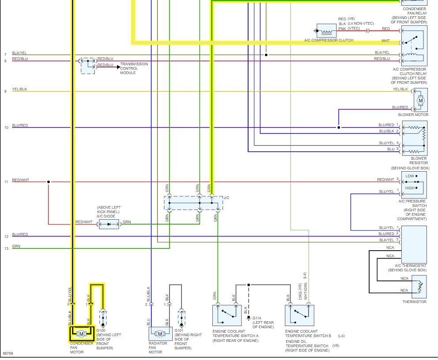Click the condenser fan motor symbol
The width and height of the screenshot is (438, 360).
click(x=81, y=334)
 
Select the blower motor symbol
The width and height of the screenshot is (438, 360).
click(x=421, y=101)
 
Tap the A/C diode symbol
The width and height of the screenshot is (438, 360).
click(x=109, y=224)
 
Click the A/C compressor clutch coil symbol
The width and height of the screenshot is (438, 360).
click(x=326, y=30)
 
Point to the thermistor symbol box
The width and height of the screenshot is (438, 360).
click(x=419, y=287)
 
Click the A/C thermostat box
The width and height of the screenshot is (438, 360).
click(x=414, y=244)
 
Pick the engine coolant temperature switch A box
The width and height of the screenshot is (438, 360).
click(x=227, y=315)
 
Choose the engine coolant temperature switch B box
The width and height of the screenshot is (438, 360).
click(x=300, y=315)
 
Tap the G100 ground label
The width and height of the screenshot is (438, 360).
click(x=101, y=330)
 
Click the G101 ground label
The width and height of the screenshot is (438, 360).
click(x=179, y=330)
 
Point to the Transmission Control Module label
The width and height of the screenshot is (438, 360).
click(x=134, y=68)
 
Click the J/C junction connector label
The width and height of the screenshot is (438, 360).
click(x=227, y=198)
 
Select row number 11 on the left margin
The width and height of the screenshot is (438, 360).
click(x=6, y=182)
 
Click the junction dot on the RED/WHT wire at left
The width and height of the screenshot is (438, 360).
click(x=49, y=182)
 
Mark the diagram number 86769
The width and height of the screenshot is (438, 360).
click(x=8, y=353)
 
